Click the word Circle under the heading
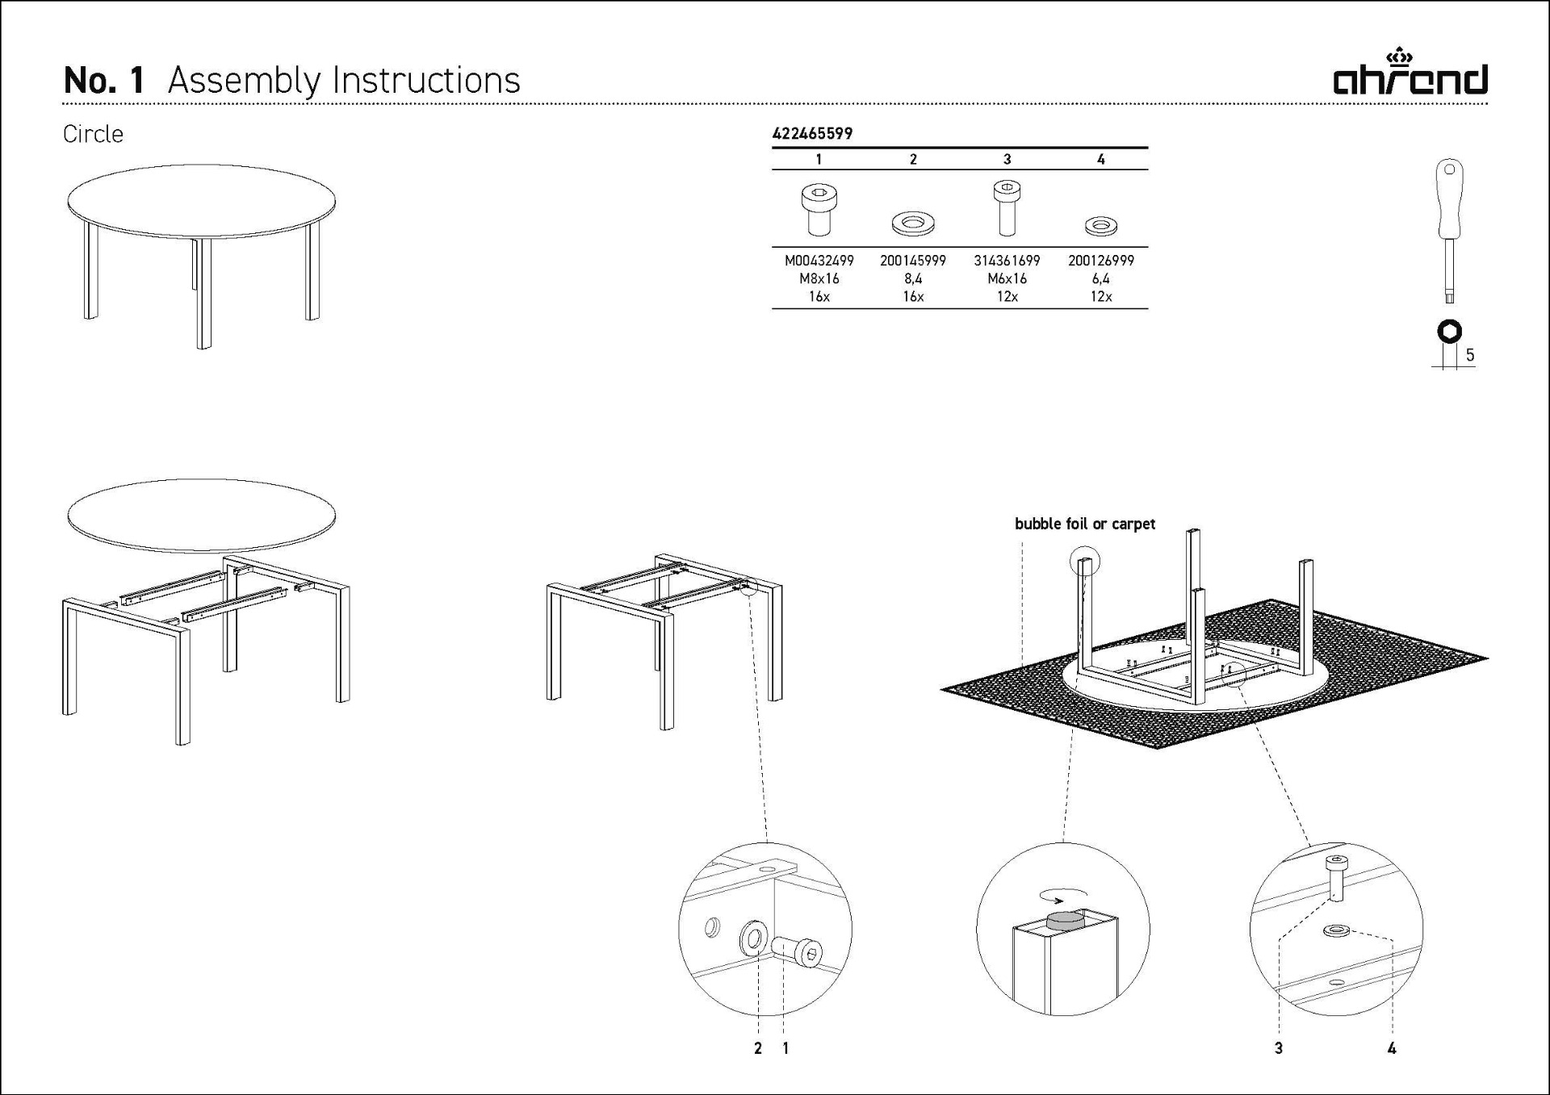pos(93,134)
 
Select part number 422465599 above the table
pos(812,134)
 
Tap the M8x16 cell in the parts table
pos(819,278)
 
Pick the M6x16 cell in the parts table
pos(1007,278)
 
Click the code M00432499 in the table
pos(819,261)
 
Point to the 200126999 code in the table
pos(1101,261)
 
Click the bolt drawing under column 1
pos(819,209)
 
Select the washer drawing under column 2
pos(913,223)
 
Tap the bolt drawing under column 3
pos(1007,207)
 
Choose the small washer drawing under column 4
pos(1101,226)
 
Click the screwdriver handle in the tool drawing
pos(1450,199)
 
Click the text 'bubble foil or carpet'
pos(1085,524)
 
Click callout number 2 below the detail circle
pos(757,1048)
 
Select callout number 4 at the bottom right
pos(1392,1048)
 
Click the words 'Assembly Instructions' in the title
pos(344,81)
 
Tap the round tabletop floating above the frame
pos(202,516)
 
